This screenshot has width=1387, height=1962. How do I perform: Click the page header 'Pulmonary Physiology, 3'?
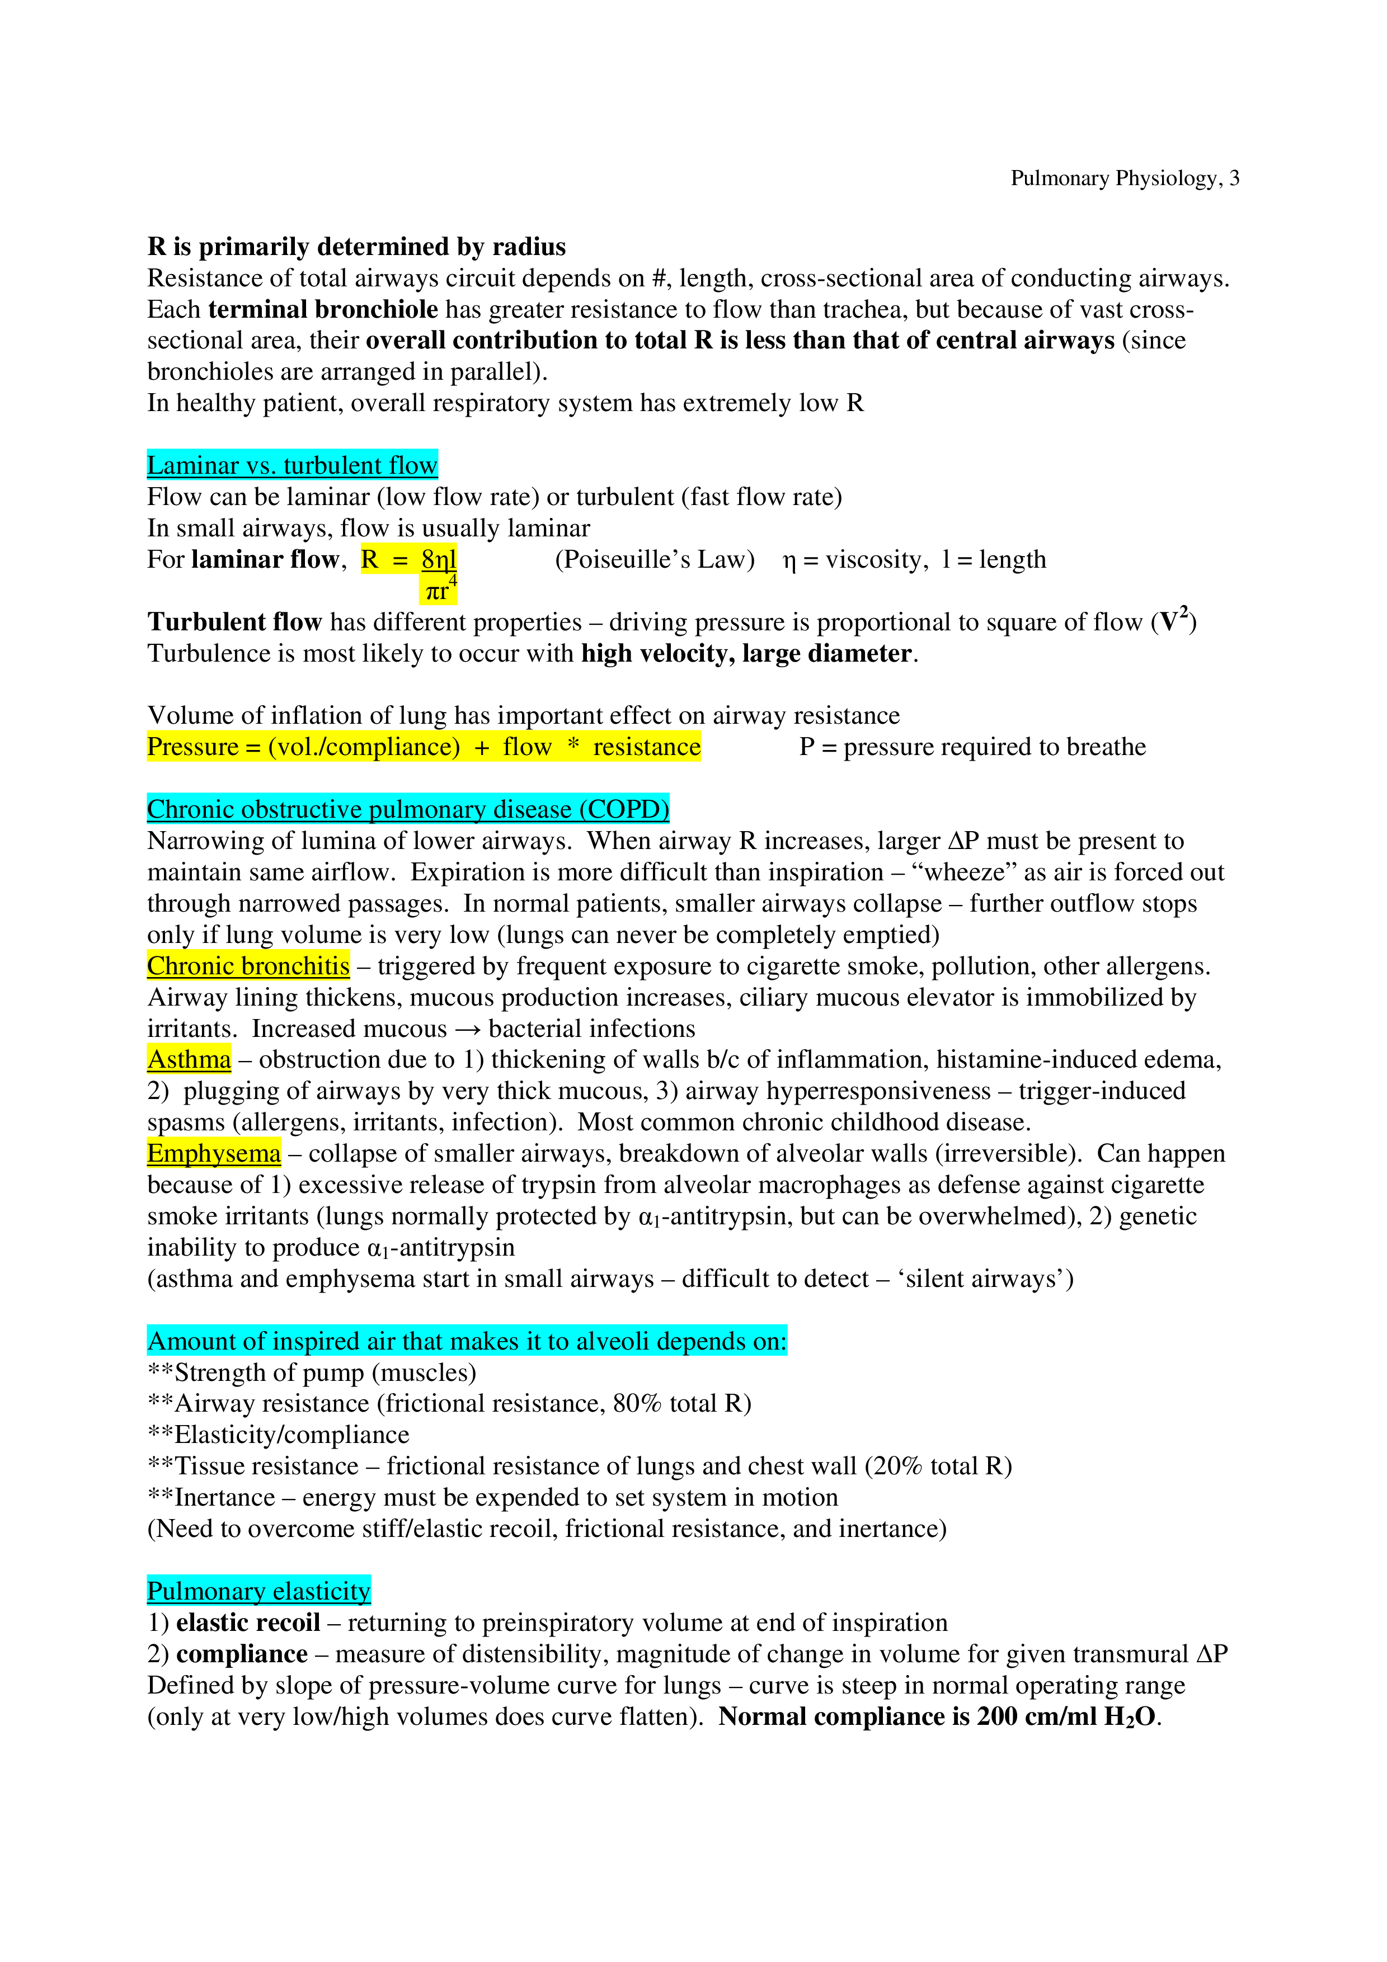click(x=1124, y=178)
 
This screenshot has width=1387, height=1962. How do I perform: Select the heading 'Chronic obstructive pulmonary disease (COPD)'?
click(x=408, y=808)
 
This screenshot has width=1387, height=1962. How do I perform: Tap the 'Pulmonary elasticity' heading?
click(x=258, y=1590)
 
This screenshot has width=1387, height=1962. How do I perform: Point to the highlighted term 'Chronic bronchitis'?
click(x=248, y=965)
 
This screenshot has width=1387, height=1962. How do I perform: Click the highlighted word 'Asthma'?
click(x=189, y=1059)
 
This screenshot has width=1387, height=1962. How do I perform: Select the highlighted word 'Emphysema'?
click(x=214, y=1153)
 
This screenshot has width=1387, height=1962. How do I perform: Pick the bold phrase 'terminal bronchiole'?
click(x=323, y=309)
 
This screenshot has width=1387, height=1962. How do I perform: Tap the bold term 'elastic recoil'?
click(x=248, y=1622)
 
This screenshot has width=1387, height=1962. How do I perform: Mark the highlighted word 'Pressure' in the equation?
click(x=192, y=746)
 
